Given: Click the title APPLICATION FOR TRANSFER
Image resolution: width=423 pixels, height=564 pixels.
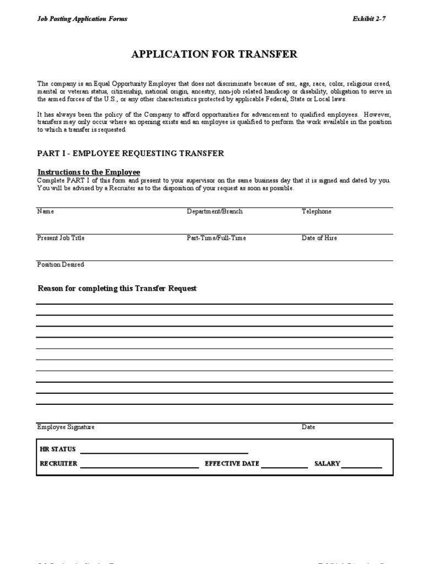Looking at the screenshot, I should tap(214, 54).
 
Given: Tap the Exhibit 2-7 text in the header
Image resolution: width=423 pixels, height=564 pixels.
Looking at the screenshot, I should tap(369, 19).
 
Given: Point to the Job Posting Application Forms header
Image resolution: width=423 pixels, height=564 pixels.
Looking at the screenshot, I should tap(82, 19).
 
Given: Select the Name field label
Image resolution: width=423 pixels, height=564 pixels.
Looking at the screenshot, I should tap(45, 211).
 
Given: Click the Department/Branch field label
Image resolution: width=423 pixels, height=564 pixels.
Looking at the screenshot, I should tap(214, 211).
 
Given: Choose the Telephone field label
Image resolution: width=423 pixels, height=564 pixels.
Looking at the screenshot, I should tap(316, 211).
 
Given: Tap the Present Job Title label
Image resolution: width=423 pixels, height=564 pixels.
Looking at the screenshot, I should tap(61, 238).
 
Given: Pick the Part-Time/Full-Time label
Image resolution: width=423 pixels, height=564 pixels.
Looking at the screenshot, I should tap(216, 238).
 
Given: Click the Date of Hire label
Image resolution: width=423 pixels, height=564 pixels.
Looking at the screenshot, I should tap(319, 238).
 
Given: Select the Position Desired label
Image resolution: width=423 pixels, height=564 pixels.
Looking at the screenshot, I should tap(61, 264).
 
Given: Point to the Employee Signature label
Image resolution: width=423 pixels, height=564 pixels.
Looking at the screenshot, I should tap(66, 427).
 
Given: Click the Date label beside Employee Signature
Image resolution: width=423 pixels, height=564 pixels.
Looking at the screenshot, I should tap(308, 427).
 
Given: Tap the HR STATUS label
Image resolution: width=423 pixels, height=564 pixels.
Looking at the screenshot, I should tap(58, 449).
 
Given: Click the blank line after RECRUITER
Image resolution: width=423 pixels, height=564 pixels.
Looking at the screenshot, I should tap(139, 466).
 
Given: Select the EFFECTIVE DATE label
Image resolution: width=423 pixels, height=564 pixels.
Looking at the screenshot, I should tap(232, 464).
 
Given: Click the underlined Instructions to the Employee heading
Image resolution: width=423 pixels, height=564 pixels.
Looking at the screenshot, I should tap(89, 172).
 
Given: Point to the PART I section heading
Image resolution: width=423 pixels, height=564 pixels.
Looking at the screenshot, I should tap(131, 153).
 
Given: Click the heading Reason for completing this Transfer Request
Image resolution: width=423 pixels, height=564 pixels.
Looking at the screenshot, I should tap(117, 289).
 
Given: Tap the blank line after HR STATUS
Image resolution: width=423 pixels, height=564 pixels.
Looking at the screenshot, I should tap(164, 452).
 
